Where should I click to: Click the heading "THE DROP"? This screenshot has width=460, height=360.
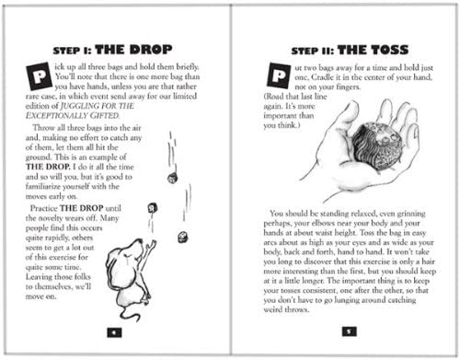(x=133, y=50)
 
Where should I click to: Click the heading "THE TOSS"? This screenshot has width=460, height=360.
(x=373, y=50)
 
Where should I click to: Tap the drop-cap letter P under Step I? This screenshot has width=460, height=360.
(x=39, y=76)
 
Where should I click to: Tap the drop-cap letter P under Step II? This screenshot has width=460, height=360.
(x=279, y=75)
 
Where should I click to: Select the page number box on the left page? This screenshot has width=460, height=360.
(x=114, y=332)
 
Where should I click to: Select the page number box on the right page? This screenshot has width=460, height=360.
(x=349, y=331)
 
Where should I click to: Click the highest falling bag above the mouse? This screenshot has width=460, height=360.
(x=173, y=179)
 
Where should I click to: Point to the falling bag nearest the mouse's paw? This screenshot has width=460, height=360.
(x=153, y=208)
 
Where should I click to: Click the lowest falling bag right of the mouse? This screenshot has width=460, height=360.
(x=183, y=238)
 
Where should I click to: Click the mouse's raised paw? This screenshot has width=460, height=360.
(x=152, y=245)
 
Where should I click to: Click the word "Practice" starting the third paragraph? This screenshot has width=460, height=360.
(x=43, y=208)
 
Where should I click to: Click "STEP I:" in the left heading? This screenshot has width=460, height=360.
(x=72, y=51)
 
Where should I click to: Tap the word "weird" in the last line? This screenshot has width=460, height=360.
(x=273, y=309)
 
